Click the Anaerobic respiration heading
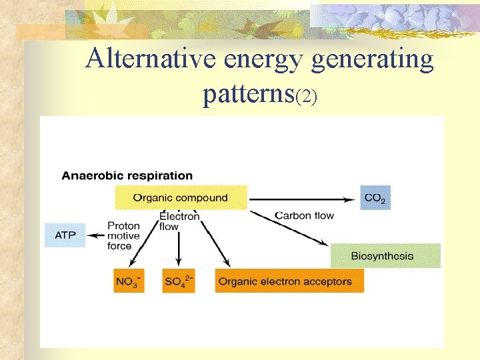click(127, 176)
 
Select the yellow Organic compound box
click(181, 197)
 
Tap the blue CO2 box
click(375, 198)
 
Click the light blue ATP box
click(65, 235)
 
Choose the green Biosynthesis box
click(385, 256)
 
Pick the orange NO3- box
click(129, 281)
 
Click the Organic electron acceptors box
click(289, 281)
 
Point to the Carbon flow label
click(305, 215)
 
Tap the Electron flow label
click(179, 221)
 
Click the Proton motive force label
click(123, 235)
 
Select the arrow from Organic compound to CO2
click(303, 198)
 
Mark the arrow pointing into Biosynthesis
click(293, 231)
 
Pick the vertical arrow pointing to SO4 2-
click(179, 250)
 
